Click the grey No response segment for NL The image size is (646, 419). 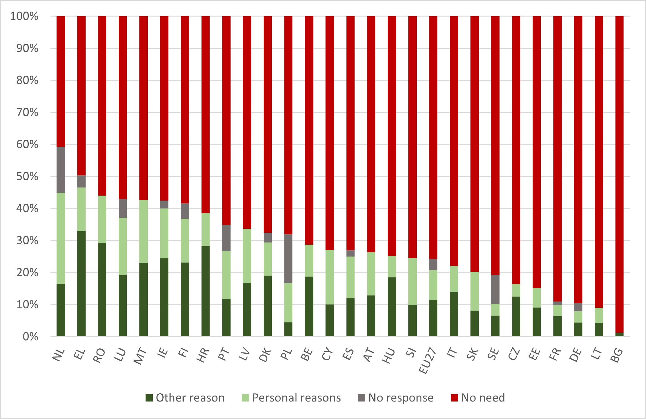(61, 170)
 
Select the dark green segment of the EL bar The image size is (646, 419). (81, 283)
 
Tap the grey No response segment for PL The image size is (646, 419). (288, 259)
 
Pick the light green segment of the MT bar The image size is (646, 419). (143, 231)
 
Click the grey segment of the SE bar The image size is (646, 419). (495, 289)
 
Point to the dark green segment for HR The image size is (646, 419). (206, 291)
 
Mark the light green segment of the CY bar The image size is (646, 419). (330, 277)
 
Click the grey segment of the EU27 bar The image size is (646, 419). (433, 264)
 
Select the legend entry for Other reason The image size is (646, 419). (185, 398)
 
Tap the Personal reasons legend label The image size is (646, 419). (296, 398)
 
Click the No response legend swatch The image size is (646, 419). (361, 398)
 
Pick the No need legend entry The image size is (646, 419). (478, 398)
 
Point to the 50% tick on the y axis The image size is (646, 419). (27, 177)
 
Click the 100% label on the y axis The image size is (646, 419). (24, 16)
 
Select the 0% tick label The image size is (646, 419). (31, 337)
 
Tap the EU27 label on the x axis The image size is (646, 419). (427, 360)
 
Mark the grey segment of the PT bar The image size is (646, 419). (226, 238)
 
